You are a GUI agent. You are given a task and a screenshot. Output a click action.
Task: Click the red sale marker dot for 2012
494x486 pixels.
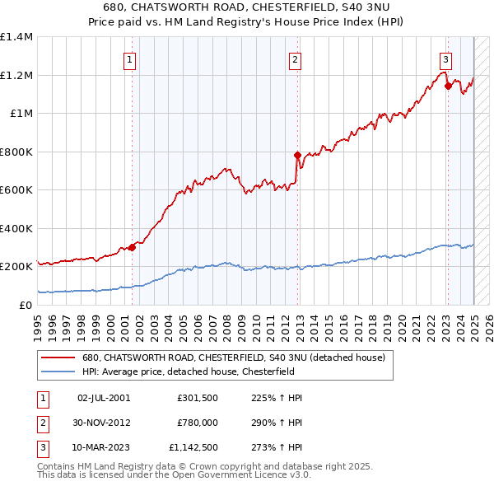tap(296, 154)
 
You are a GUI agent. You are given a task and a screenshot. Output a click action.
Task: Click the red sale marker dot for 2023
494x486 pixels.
tap(447, 85)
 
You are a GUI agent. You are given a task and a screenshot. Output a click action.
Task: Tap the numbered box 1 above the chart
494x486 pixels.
tap(131, 58)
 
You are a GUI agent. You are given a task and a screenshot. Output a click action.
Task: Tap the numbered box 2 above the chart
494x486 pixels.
tap(295, 58)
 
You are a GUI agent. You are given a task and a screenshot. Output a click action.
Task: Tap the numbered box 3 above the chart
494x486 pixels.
tap(445, 58)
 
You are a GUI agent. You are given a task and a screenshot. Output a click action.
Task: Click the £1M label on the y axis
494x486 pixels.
tap(21, 114)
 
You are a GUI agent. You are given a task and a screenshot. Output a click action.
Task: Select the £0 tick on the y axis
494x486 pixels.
tap(26, 305)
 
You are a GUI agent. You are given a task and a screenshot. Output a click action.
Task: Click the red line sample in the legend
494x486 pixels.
tap(58, 358)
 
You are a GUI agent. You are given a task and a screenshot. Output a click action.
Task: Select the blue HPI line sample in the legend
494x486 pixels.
tap(58, 371)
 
